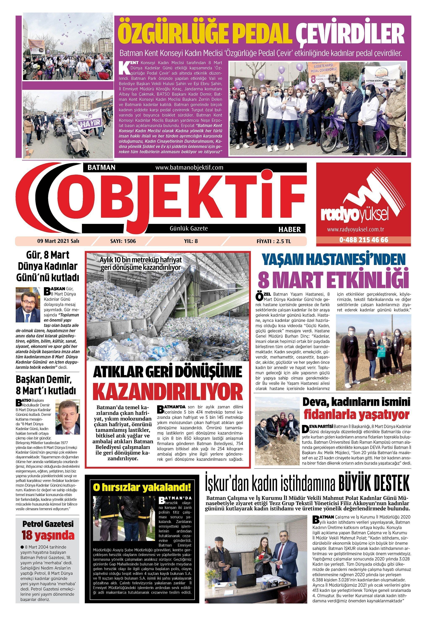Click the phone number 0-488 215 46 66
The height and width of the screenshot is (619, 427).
[364, 240]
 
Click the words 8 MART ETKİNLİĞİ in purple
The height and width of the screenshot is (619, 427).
[333, 279]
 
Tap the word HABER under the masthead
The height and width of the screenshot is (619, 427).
[290, 229]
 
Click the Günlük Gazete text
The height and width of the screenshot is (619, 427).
[189, 228]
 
